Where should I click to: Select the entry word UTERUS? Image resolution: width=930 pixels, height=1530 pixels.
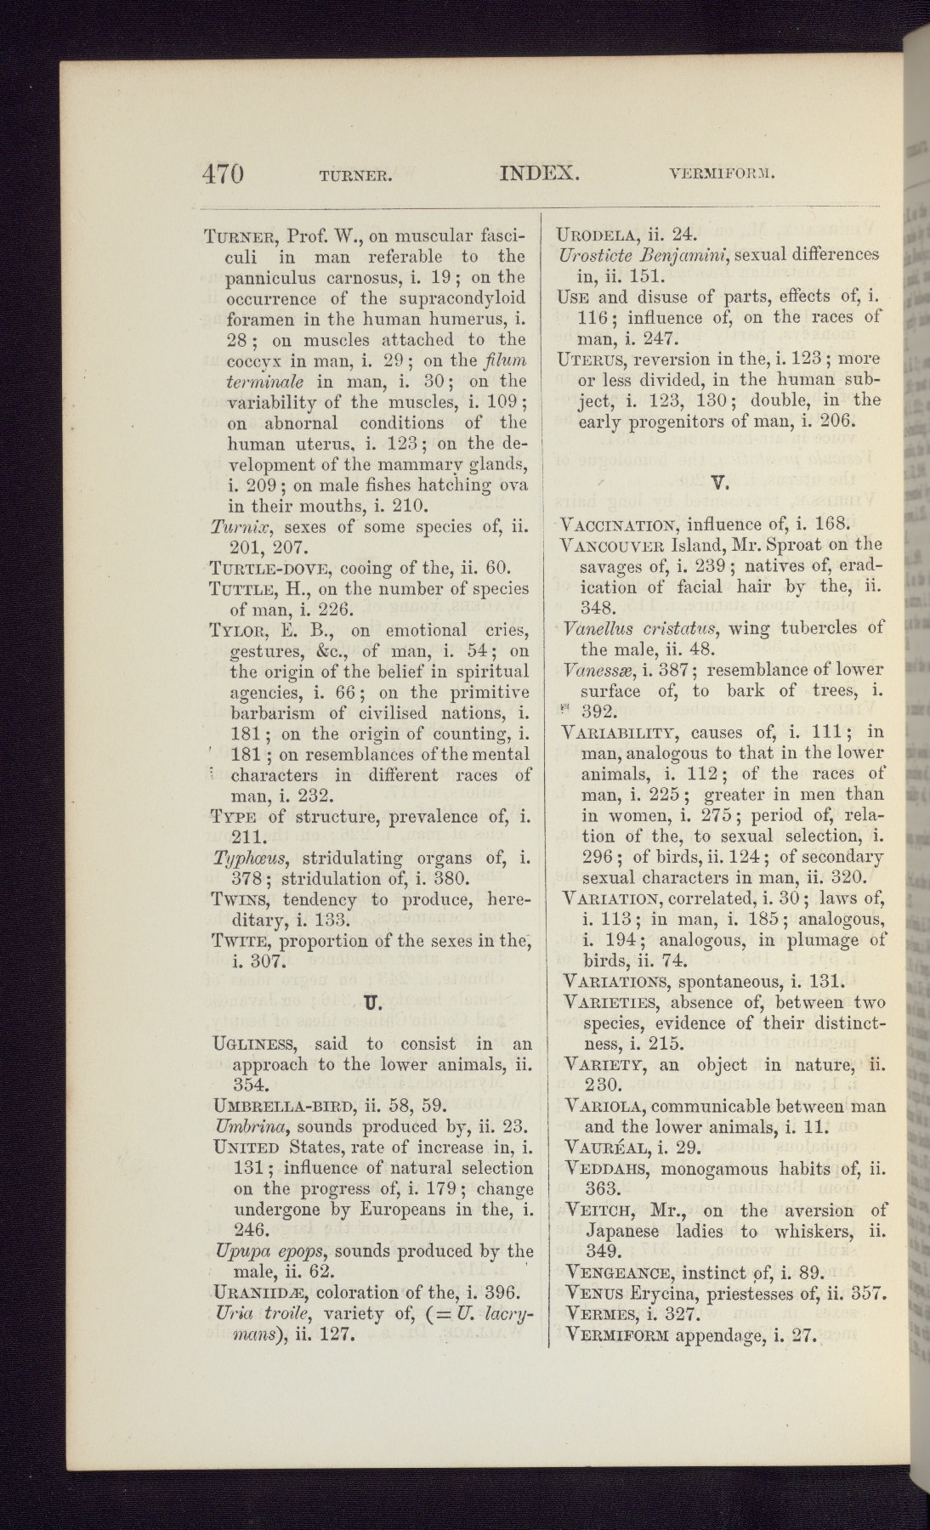pos(591,359)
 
